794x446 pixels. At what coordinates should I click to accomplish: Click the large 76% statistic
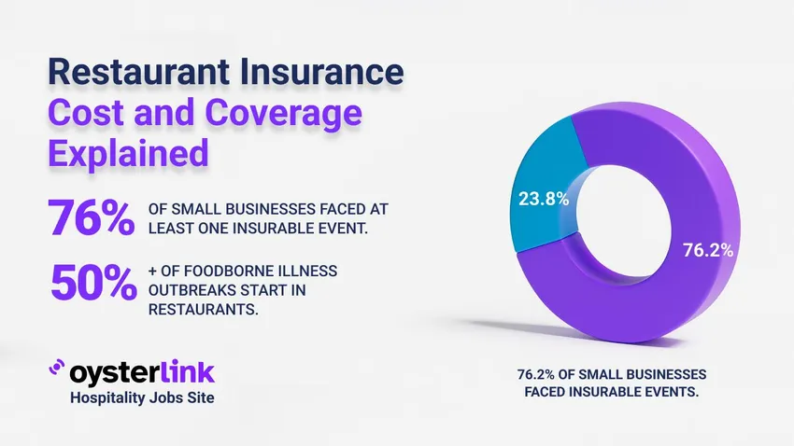(91, 218)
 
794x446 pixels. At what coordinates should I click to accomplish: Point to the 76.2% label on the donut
(708, 251)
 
